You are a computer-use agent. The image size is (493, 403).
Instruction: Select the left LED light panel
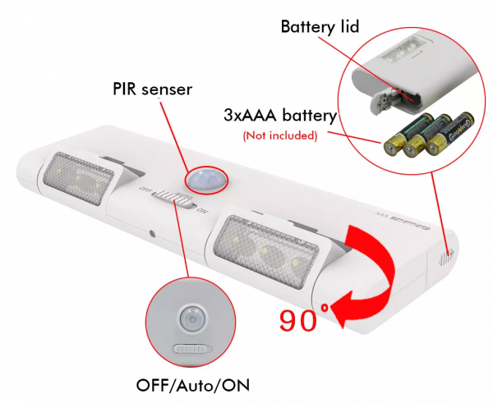tap(82, 177)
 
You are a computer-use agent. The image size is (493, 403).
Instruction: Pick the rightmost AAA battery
tap(446, 132)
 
